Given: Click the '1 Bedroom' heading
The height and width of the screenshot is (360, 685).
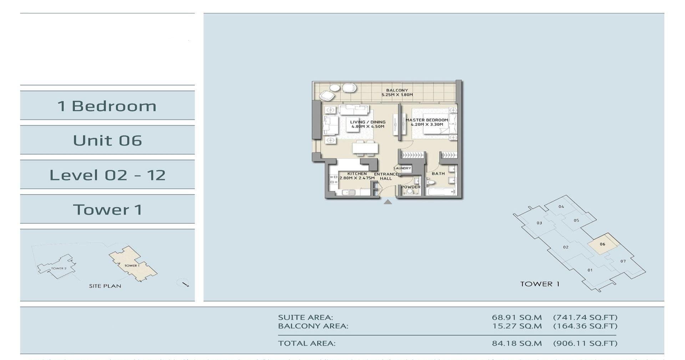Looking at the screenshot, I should click(107, 106).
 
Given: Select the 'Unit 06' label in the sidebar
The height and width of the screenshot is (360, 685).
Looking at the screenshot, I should click(107, 140).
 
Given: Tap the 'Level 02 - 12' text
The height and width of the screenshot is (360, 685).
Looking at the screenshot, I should click(107, 175).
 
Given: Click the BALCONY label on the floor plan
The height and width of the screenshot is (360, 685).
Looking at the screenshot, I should click(397, 91).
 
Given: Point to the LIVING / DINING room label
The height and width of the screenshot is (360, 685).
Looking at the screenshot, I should click(367, 122).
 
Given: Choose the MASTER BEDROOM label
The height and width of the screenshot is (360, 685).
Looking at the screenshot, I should click(426, 120).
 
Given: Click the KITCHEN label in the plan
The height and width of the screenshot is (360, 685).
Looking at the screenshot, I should click(357, 174).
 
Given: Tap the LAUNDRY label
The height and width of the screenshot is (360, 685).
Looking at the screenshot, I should click(402, 168).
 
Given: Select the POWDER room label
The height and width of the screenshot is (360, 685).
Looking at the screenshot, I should click(411, 187).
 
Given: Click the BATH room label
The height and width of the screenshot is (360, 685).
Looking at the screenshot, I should click(438, 174).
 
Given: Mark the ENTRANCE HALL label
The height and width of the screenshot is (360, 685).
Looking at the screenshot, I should click(386, 176).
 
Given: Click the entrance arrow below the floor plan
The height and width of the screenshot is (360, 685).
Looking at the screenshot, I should click(388, 202).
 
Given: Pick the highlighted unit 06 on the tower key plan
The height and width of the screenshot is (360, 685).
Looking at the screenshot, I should click(602, 244).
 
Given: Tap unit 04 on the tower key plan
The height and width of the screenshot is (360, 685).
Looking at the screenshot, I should click(561, 207).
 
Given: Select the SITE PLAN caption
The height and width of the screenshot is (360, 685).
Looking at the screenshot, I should click(105, 286).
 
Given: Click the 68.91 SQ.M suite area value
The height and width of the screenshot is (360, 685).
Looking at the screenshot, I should click(516, 317).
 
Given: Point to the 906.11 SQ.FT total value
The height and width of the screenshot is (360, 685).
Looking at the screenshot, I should click(585, 343).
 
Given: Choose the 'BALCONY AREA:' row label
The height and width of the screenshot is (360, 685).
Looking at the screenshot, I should click(313, 326).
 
